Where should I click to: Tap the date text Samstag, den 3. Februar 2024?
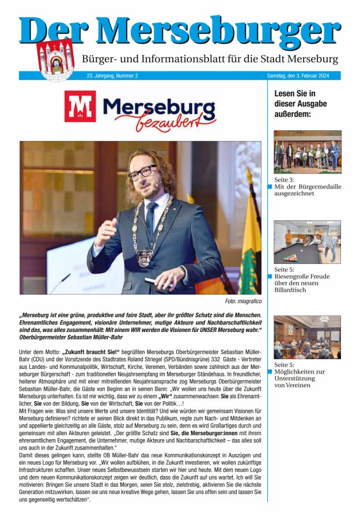point(302,76)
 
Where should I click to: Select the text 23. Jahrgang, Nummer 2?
point(112,76)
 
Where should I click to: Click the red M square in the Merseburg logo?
point(80,107)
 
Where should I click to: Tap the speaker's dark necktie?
point(151,220)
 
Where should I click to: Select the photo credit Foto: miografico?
point(243,301)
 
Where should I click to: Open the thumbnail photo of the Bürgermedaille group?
point(307,152)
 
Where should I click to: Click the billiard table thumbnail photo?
point(307,241)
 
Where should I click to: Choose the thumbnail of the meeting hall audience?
point(307,337)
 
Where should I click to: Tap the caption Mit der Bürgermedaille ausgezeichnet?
point(308,190)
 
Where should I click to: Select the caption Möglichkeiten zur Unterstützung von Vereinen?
point(300,378)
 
